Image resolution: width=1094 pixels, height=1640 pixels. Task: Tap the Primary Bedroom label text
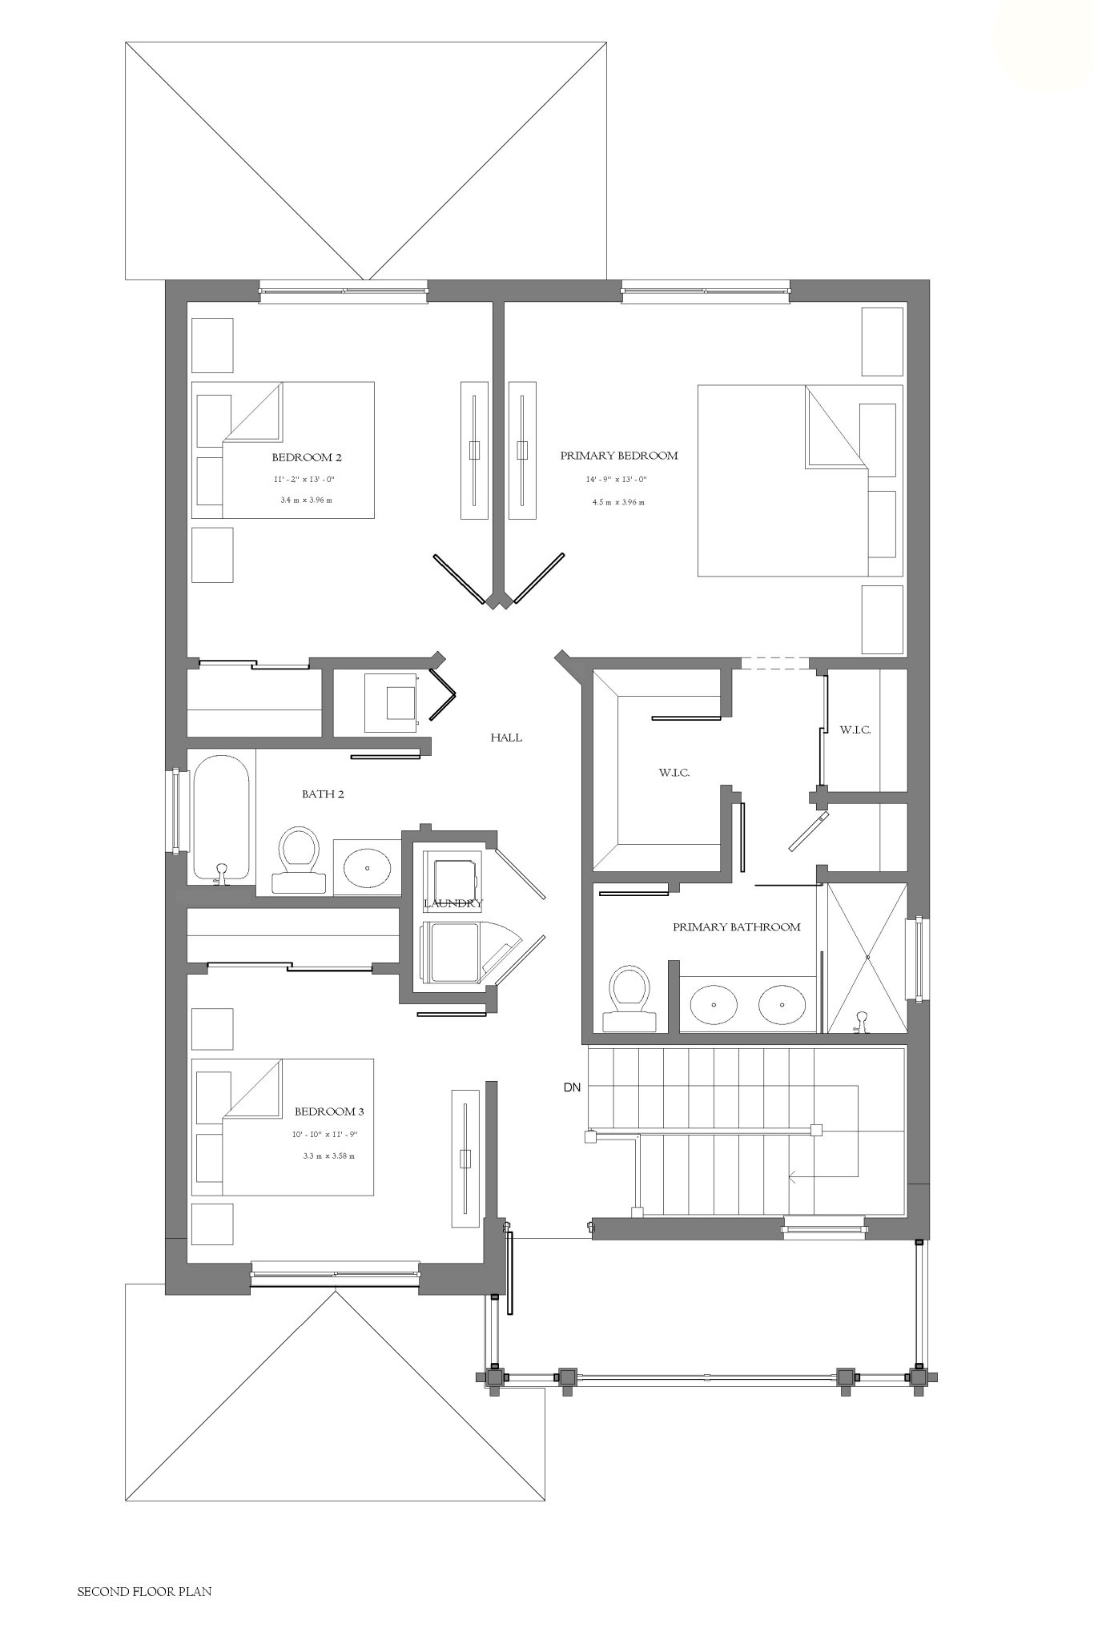click(x=619, y=456)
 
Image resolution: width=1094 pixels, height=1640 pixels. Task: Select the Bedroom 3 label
click(x=329, y=1111)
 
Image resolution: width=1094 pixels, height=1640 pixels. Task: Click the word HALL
click(x=506, y=738)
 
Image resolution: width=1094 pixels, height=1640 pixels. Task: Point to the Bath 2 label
click(x=323, y=794)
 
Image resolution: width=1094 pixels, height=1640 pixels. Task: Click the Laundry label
click(x=452, y=904)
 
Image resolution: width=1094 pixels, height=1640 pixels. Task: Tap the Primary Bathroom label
click(x=737, y=927)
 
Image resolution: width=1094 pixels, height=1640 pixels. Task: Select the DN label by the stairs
click(x=572, y=1087)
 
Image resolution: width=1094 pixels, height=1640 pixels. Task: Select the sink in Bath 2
click(x=368, y=867)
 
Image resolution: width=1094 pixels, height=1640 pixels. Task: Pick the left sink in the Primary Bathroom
click(x=714, y=1005)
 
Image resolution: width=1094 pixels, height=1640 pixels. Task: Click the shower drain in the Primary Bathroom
click(x=867, y=956)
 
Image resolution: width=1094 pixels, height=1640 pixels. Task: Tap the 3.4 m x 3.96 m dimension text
click(x=306, y=500)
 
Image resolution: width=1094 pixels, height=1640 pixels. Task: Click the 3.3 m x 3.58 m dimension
click(x=328, y=1156)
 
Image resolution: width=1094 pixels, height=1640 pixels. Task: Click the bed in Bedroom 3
click(x=283, y=1127)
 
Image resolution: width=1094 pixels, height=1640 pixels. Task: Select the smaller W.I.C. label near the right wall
click(x=855, y=730)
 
